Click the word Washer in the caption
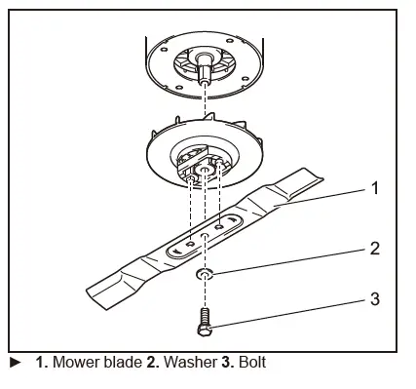(x=182, y=364)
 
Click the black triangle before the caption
(x=13, y=364)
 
